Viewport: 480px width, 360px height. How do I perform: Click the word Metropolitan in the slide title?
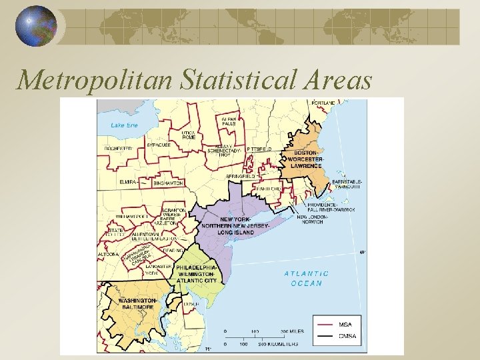(94, 80)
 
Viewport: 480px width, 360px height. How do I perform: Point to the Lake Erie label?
(124, 125)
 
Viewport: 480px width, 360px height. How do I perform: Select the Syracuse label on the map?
(158, 144)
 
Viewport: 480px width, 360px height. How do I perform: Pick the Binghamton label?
(168, 181)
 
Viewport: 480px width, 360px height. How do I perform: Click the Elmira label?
(127, 181)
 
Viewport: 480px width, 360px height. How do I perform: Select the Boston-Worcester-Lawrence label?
(306, 158)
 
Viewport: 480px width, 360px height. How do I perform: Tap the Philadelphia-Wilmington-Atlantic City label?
(197, 273)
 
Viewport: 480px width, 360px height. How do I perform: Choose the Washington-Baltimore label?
(137, 304)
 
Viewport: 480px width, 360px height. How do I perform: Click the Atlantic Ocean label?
(307, 278)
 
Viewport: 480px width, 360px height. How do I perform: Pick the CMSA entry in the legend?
(347, 335)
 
